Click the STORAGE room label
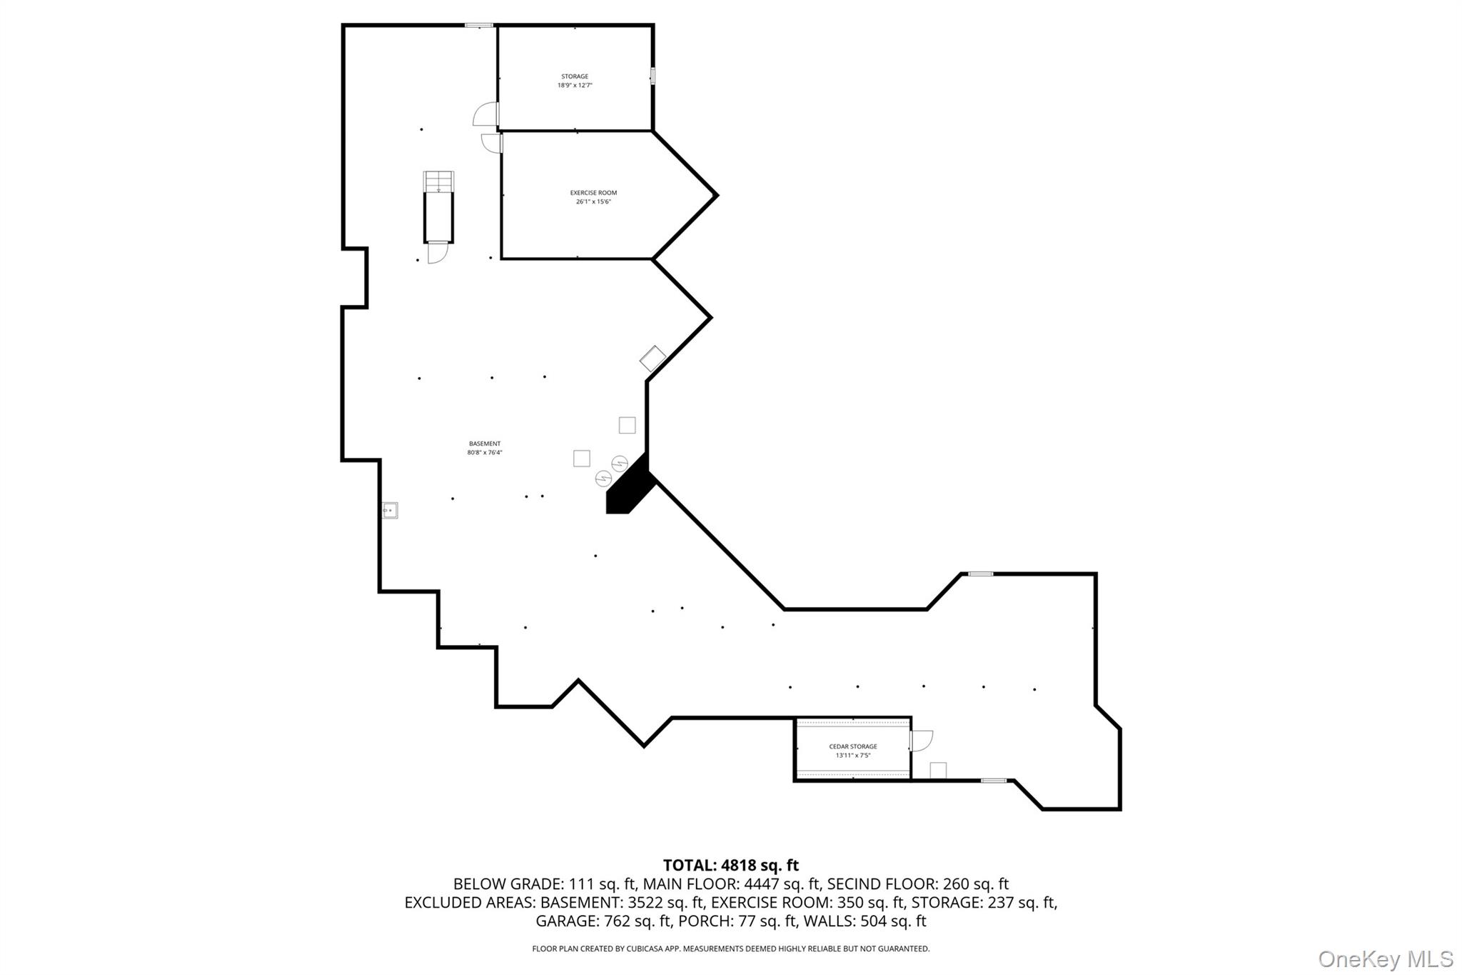[575, 76]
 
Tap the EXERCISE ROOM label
[593, 193]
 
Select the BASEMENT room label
[485, 444]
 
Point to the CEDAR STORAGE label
[853, 746]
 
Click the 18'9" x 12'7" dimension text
[575, 86]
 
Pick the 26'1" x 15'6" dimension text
[593, 202]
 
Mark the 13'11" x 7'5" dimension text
[853, 756]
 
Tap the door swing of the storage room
[486, 114]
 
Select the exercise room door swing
[491, 143]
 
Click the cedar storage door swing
[922, 740]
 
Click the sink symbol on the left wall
[390, 510]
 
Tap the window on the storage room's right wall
[652, 76]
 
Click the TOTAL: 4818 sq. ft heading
[730, 866]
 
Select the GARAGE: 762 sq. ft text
[603, 921]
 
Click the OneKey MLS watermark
[1385, 959]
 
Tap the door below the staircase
[437, 253]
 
